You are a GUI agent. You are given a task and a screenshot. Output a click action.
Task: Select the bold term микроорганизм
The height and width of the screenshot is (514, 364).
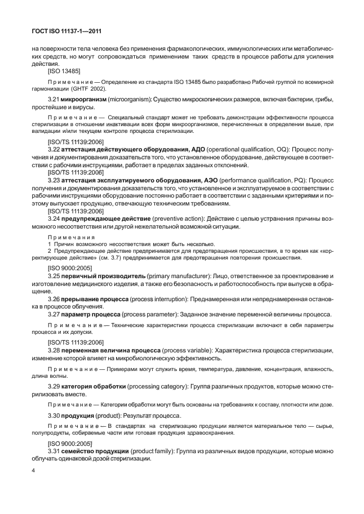coord(83,99)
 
